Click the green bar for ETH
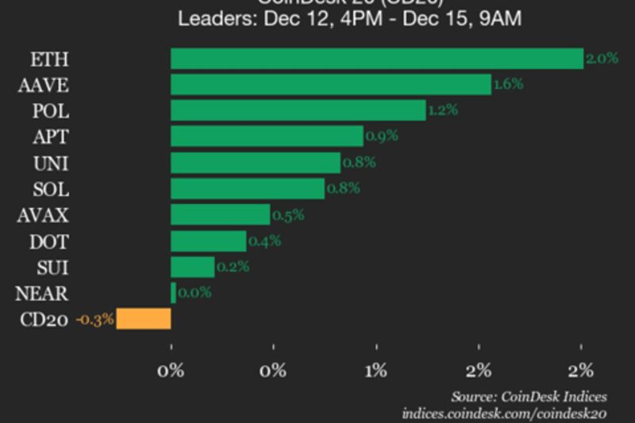377,59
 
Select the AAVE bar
331,84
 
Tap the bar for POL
298,110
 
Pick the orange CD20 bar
144,319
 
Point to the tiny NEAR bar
173,293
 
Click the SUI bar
192,267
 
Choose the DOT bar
208,240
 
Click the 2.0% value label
601,59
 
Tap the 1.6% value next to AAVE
508,84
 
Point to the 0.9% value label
381,137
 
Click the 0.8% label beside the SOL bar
343,189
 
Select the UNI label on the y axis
50,163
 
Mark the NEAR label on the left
41,294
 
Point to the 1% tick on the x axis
376,370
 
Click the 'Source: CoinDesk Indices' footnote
529,396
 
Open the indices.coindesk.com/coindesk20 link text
504,413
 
